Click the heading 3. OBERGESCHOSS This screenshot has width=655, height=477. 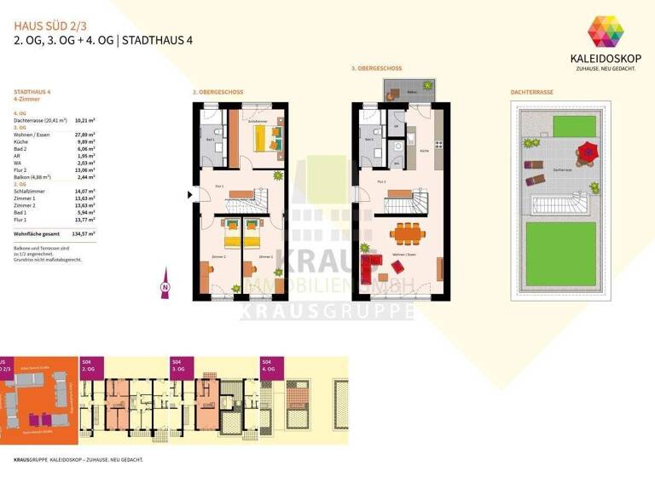click(x=375, y=68)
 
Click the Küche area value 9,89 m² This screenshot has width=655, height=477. click(x=85, y=143)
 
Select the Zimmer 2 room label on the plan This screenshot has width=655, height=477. click(x=219, y=256)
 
